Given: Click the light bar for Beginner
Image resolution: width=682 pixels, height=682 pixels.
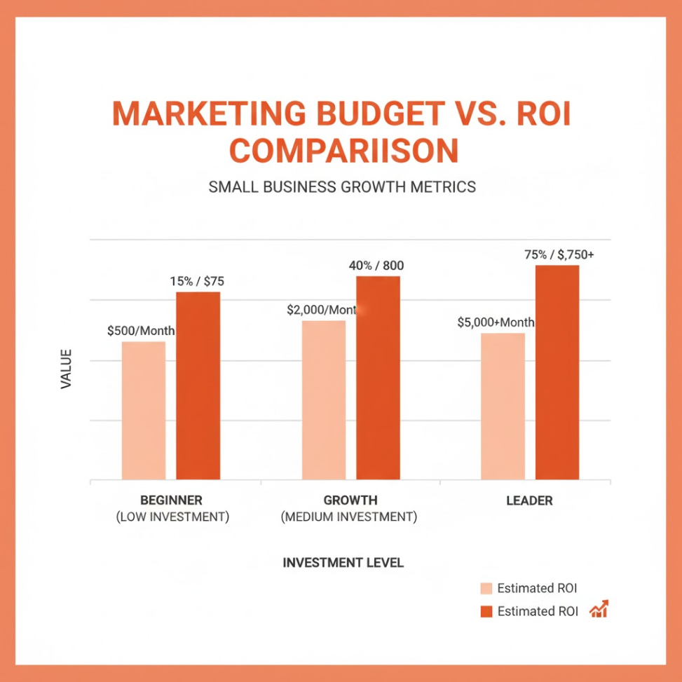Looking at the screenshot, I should pos(144,411).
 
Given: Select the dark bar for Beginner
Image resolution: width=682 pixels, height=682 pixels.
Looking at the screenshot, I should pos(198,386).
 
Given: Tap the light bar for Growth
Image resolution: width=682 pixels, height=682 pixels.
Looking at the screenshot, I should pos(324,400).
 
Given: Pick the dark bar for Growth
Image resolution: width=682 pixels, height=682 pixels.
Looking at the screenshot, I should pos(378,378).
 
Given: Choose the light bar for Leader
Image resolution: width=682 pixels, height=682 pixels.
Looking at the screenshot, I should pos(503,407).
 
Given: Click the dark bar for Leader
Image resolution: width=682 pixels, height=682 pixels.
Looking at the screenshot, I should pos(557,372).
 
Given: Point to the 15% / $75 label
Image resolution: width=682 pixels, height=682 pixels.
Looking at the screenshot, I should pos(197,282).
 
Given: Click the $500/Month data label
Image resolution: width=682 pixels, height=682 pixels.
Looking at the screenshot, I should pos(141,331).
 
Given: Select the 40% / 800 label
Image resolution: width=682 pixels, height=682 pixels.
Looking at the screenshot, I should pos(376,266).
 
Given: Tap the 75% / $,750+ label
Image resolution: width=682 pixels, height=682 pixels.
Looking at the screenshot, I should pos(559,255).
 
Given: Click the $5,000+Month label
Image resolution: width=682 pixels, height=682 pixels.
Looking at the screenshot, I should pos(496,322).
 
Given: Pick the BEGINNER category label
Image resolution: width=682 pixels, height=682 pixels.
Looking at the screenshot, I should pos(171,500).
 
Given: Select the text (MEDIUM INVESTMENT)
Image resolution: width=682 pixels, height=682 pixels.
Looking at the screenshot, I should pos(349,518).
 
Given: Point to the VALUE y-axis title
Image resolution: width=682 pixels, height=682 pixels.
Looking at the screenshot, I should pos(67,369).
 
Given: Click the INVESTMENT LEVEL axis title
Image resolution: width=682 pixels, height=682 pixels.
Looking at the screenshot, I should pos(343,563).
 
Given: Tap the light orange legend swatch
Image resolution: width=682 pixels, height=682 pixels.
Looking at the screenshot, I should pos(486,588).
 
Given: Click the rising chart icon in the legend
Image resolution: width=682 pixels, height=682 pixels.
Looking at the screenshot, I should pos(599,609).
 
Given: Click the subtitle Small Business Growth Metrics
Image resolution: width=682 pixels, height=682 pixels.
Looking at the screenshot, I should pos(342,187).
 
